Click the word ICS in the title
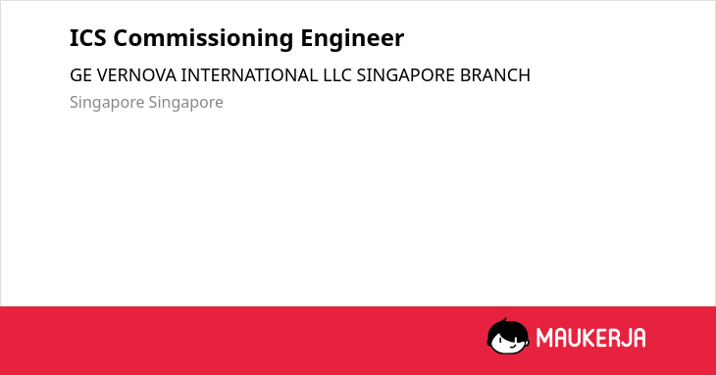pyautogui.click(x=87, y=38)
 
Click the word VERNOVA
pyautogui.click(x=136, y=75)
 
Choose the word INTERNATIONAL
pyautogui.click(x=249, y=75)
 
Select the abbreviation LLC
pyautogui.click(x=337, y=75)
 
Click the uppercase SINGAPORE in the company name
pyautogui.click(x=406, y=75)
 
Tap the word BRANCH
pyautogui.click(x=495, y=75)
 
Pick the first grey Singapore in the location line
pyautogui.click(x=107, y=103)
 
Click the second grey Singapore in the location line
pyautogui.click(x=185, y=103)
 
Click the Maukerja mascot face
pyautogui.click(x=508, y=337)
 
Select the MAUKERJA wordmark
pyautogui.click(x=590, y=338)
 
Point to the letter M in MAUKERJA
pyautogui.click(x=544, y=338)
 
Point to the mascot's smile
pyautogui.click(x=512, y=346)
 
